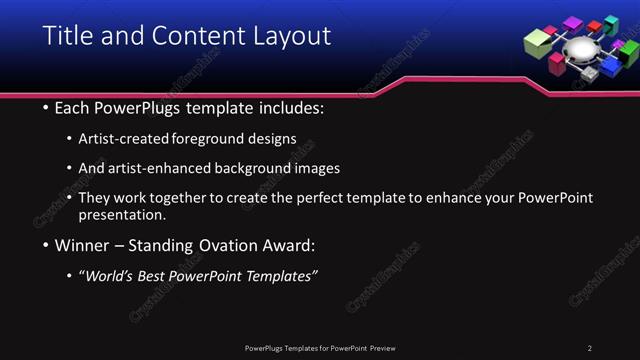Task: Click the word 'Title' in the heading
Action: [x=67, y=36]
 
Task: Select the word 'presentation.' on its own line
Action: [x=122, y=215]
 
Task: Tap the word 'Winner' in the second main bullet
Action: [x=83, y=245]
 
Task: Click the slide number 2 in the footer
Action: [x=589, y=348]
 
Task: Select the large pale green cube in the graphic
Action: [x=538, y=41]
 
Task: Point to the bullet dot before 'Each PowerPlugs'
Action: [x=46, y=108]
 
